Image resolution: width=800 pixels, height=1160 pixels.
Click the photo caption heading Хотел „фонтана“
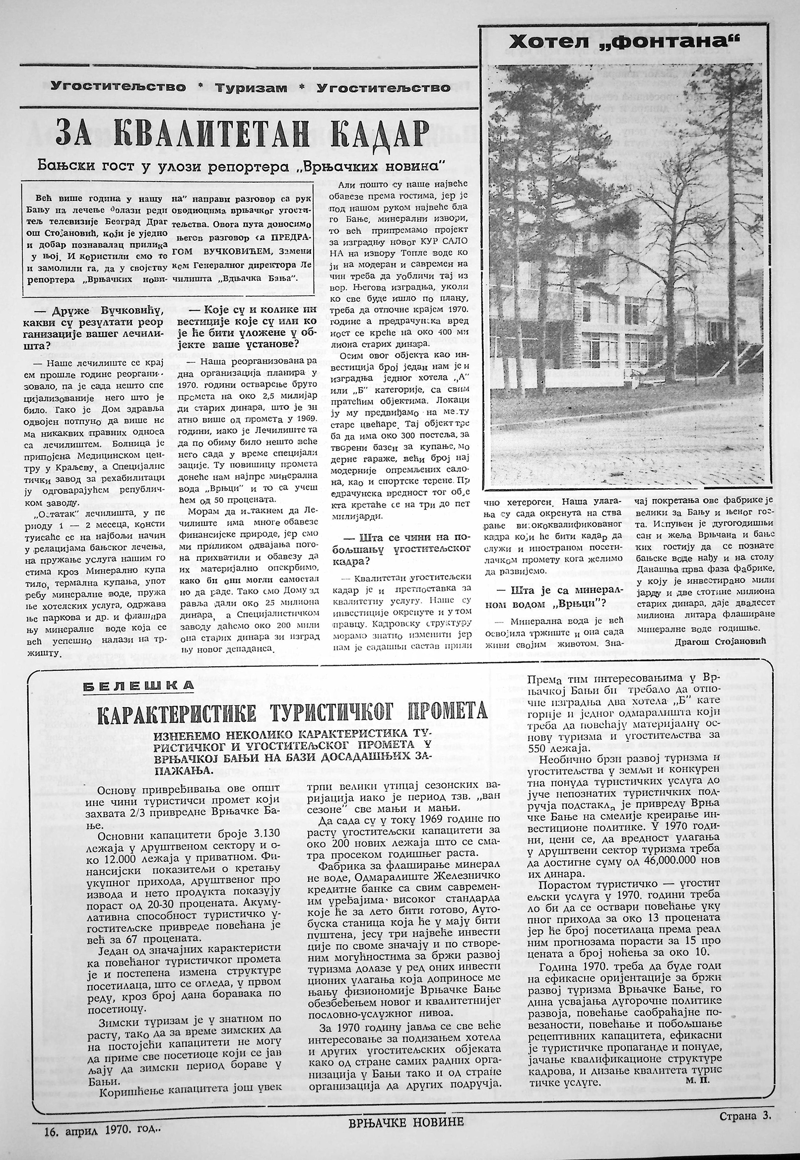pyautogui.click(x=624, y=43)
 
